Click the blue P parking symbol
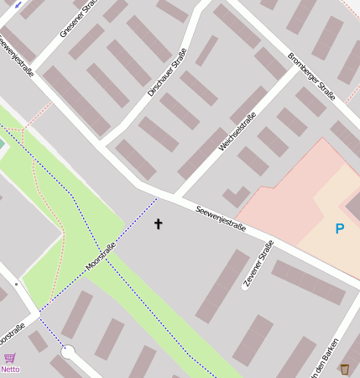pos(340,228)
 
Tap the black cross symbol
pos(159,224)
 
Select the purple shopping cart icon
pos(10,358)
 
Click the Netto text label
pos(10,369)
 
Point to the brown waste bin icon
pos(345,368)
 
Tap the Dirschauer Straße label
pos(166,72)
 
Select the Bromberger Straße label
pos(311,76)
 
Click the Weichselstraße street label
pos(237,130)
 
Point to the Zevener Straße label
pos(258,265)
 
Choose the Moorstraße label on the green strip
pos(100,255)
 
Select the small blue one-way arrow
pos(18,4)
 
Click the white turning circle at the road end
pos(69,352)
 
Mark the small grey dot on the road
pos(16,284)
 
